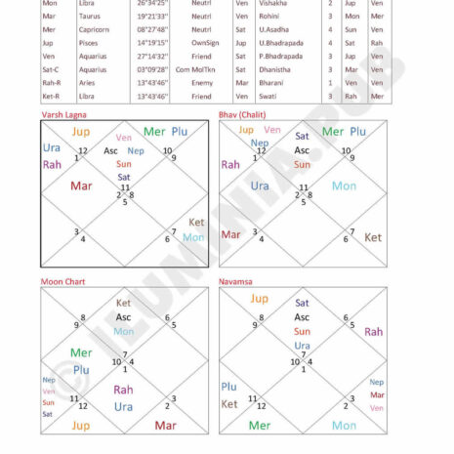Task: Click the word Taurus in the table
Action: tap(90, 16)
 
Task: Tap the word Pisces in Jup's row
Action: tap(89, 43)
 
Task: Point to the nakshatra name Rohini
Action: tap(269, 16)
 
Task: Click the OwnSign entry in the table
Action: tap(205, 43)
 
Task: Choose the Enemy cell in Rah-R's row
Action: tap(202, 83)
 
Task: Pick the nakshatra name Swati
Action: tap(268, 96)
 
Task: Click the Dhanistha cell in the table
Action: tap(274, 69)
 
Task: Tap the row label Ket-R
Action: tap(52, 96)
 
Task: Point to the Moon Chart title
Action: tap(62, 281)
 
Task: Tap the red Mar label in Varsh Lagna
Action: tap(81, 186)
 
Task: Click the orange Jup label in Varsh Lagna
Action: tap(81, 132)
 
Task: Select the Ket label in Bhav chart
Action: tap(373, 237)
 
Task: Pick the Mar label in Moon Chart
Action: tap(165, 426)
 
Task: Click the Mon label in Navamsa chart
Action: tap(344, 426)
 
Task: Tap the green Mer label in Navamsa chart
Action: tap(260, 426)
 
